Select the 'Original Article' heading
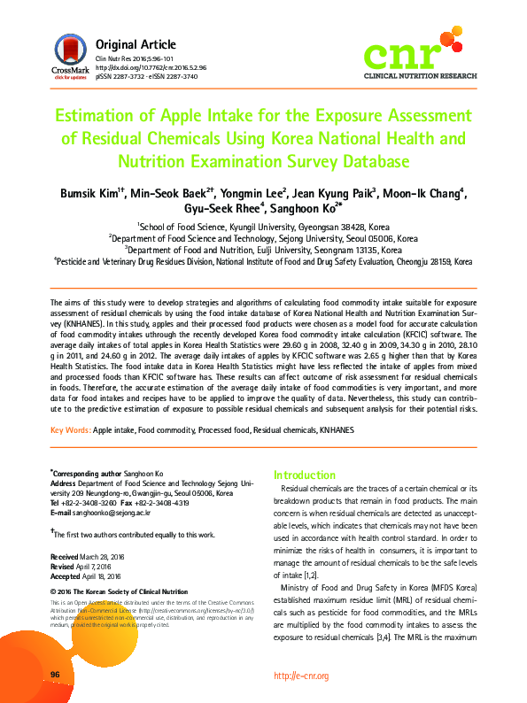pos(136,44)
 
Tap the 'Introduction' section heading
pos(305,475)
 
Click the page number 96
pos(55,675)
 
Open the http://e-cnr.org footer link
pos(301,676)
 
